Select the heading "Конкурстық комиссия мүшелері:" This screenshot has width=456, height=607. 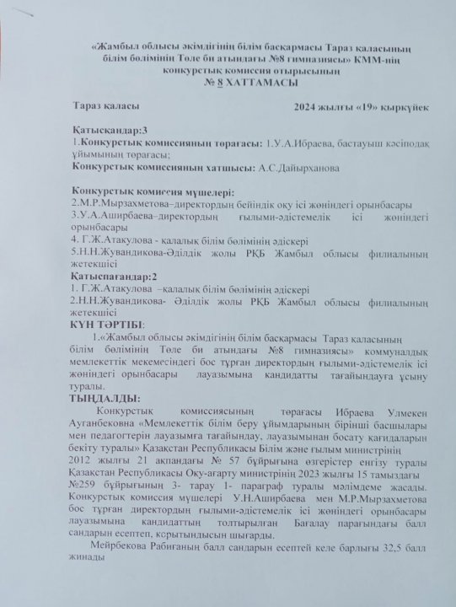(152, 192)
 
